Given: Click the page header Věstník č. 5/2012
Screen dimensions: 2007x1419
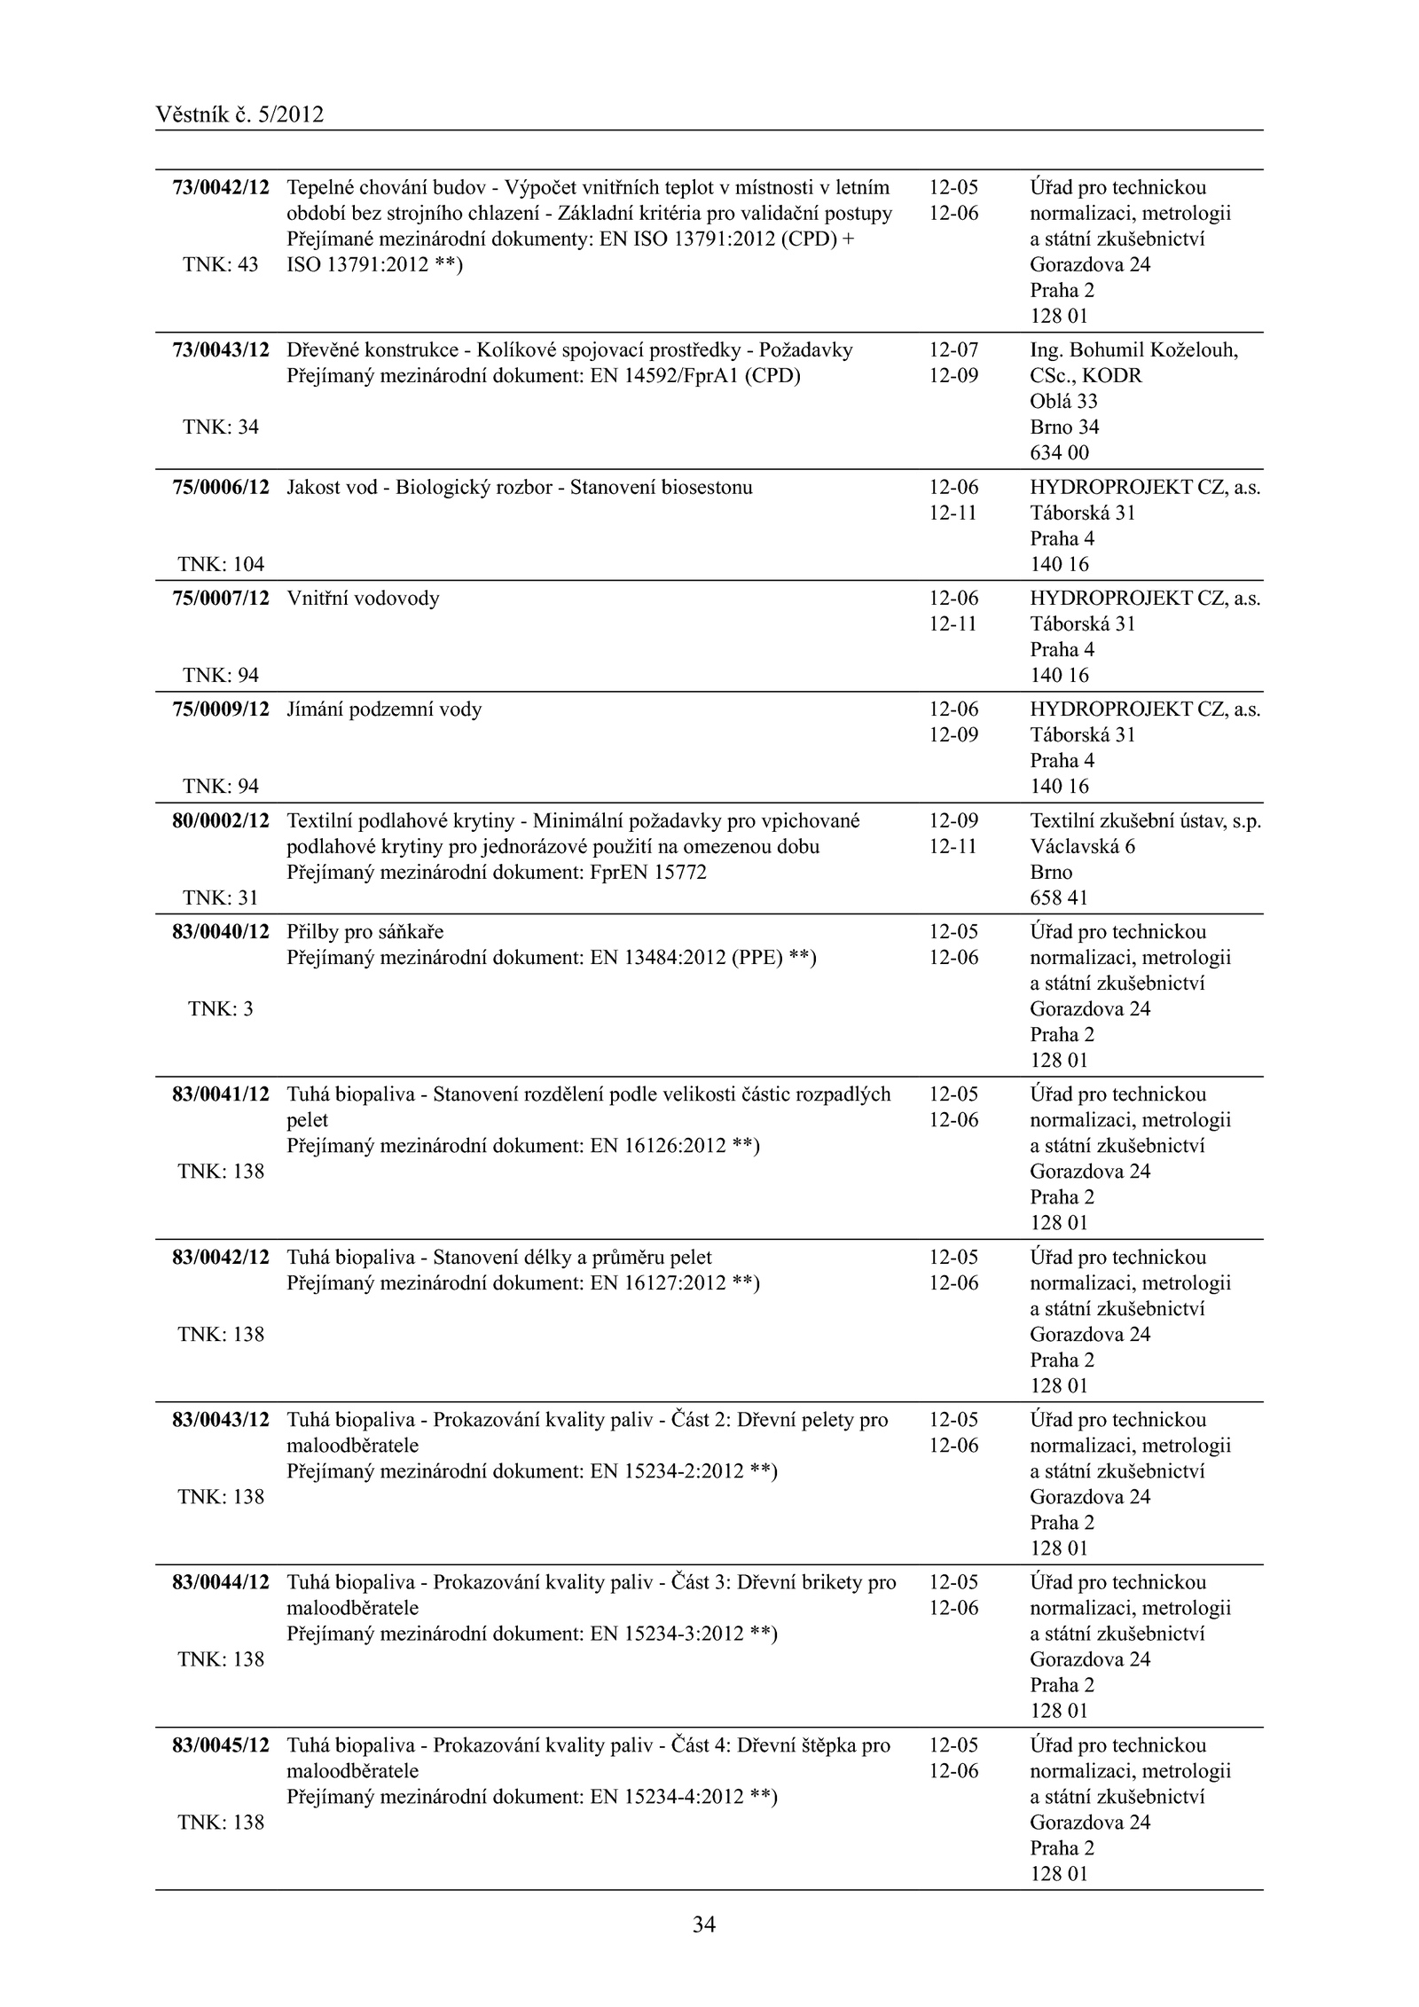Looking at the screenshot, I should point(239,114).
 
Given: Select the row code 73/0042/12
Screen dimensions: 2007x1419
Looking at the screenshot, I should point(221,188).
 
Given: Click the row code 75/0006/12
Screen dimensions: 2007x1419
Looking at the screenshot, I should point(221,487).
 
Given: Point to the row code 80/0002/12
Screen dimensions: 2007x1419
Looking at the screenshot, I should point(221,820).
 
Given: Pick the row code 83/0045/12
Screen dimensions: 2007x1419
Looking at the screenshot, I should point(221,1744).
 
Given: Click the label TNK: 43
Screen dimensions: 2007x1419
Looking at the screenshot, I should point(221,264).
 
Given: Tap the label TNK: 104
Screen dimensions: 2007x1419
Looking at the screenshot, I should point(221,564).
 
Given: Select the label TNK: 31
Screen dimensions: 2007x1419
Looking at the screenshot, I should point(221,898).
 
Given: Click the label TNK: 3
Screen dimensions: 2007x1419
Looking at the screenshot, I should point(221,1008).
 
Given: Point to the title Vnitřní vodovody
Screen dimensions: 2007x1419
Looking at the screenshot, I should point(363,599).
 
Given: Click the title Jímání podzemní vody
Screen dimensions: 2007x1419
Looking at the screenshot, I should point(384,710).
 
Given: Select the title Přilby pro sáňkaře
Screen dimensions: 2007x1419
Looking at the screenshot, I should point(365,932).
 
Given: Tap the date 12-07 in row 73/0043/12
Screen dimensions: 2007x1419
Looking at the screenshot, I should point(953,350).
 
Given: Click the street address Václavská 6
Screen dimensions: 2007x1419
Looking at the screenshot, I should point(1082,846).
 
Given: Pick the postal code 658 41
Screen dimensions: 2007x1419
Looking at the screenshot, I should point(1059,898).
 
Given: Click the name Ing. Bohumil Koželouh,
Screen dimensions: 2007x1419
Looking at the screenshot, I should point(1133,350).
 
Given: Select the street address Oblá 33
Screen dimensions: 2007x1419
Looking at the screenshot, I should point(1063,401).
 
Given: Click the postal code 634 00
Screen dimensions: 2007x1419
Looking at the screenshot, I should point(1059,452).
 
